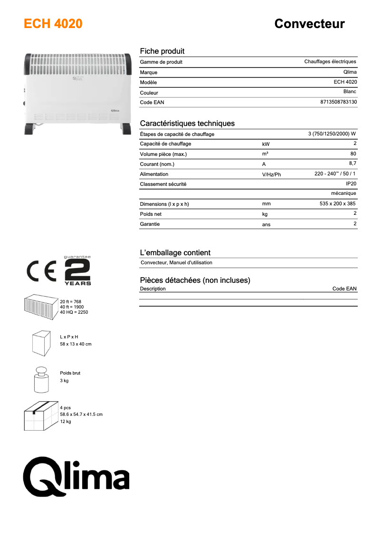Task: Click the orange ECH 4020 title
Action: [x=53, y=24]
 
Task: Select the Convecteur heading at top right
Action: [x=309, y=24]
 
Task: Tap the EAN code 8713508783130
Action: [x=339, y=102]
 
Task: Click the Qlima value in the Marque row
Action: [x=349, y=72]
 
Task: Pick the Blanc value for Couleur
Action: [x=350, y=92]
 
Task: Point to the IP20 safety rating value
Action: [x=351, y=183]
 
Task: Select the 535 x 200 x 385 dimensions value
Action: [x=337, y=203]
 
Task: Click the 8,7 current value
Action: [x=352, y=164]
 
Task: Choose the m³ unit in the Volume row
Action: [x=265, y=154]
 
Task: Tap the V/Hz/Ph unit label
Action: [x=271, y=174]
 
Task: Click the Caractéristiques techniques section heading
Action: [x=187, y=124]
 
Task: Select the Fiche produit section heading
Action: [x=162, y=51]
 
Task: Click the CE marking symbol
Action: [x=42, y=271]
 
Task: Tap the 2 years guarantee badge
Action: [x=77, y=271]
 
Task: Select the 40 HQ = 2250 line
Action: [x=74, y=312]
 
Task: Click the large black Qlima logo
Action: [x=77, y=475]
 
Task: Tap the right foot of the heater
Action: [x=126, y=128]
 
